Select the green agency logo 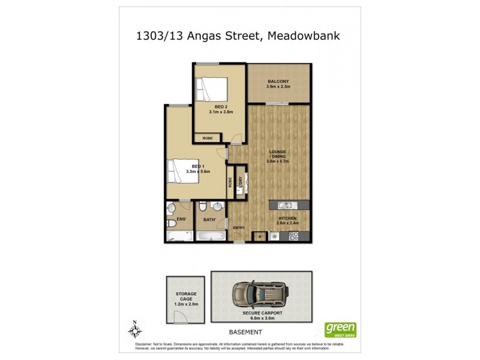[x=340, y=329]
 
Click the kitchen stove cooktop [x=294, y=235]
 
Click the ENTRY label [x=239, y=227]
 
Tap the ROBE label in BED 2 [x=208, y=138]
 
